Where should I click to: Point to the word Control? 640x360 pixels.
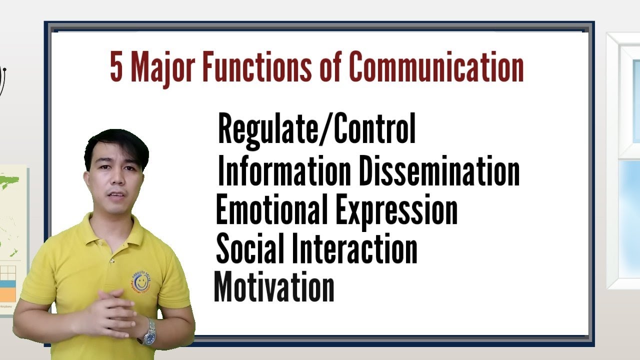click(x=374, y=128)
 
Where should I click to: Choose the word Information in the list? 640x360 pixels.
click(x=284, y=171)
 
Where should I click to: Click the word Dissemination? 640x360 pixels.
click(x=439, y=171)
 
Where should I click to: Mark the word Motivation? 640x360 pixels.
click(x=274, y=287)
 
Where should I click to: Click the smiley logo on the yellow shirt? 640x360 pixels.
click(x=142, y=281)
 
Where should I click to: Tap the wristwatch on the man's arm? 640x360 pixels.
click(x=148, y=332)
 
